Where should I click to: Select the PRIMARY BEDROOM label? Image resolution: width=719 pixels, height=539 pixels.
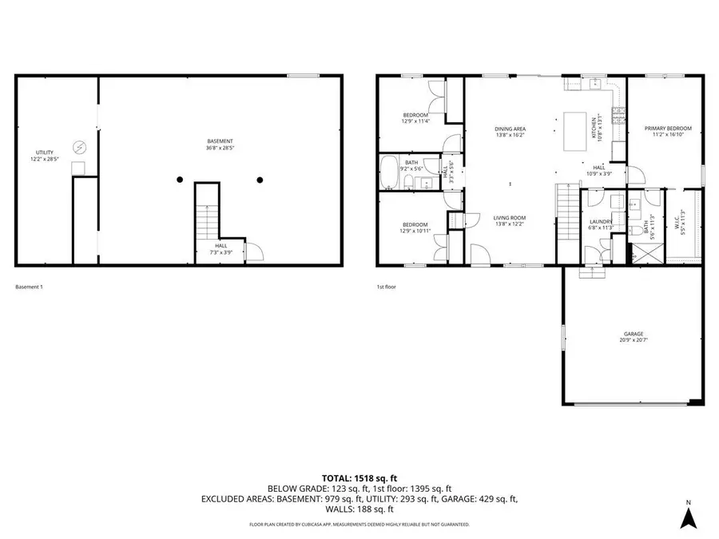click(x=668, y=128)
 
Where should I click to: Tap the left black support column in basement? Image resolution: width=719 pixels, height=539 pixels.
click(x=181, y=179)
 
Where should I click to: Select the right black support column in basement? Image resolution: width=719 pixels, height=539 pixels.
click(x=260, y=179)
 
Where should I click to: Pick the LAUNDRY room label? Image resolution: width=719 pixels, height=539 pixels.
click(x=600, y=222)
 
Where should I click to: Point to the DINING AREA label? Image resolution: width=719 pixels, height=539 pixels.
click(x=510, y=128)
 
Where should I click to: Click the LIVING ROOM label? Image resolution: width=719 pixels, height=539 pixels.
click(x=509, y=217)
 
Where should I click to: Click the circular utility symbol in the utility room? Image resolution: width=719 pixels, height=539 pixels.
click(x=80, y=147)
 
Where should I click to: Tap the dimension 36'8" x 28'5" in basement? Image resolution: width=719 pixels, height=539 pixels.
click(x=220, y=148)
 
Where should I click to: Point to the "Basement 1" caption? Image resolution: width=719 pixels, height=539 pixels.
click(x=29, y=286)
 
